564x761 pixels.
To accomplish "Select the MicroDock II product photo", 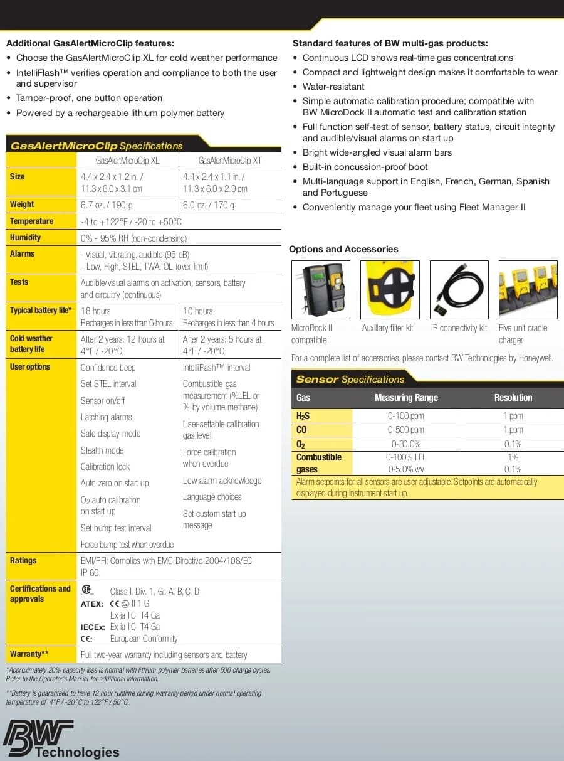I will point(320,289).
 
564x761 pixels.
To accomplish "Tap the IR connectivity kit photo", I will point(459,289).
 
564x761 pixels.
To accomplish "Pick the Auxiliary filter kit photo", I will point(389,289).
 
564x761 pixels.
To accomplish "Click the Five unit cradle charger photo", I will point(528,289).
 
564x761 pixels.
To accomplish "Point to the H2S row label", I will point(303,416).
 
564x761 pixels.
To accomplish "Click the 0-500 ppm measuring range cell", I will point(405,430).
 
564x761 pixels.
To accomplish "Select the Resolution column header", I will point(513,398).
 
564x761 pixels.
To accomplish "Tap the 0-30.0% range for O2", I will point(405,444).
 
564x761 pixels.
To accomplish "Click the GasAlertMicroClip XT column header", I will point(229,161).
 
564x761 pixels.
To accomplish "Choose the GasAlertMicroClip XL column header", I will point(127,161).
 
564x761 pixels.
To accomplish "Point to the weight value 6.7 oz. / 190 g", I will point(107,205).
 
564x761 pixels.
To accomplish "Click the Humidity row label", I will point(25,238).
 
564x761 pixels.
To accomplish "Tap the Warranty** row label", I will point(29,654).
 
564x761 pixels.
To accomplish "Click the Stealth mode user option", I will point(102,450).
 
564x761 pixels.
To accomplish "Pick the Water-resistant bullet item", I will point(333,87).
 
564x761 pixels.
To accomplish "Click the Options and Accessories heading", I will point(343,249).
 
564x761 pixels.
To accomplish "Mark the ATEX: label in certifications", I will point(92,604).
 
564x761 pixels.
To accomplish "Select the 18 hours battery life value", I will point(95,311).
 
